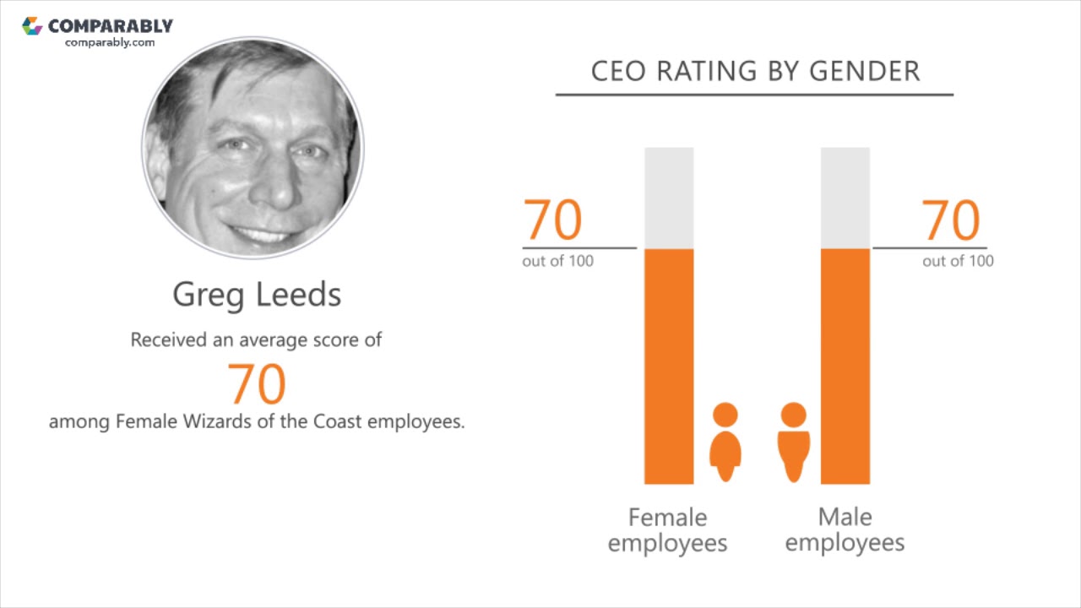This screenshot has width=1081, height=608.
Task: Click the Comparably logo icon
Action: [32, 26]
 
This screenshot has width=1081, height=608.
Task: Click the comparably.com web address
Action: [110, 42]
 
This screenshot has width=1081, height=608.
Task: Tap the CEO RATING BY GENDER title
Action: [755, 71]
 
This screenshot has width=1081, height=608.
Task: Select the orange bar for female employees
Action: [669, 366]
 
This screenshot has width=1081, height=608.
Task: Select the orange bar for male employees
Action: [845, 366]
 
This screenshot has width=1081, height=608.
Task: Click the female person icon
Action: [725, 442]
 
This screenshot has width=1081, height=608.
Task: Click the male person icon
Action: [793, 442]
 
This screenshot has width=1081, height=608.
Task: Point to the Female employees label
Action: [667, 529]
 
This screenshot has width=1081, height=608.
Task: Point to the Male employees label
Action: [845, 529]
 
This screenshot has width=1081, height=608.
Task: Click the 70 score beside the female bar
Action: [553, 220]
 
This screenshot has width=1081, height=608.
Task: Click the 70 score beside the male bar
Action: [951, 220]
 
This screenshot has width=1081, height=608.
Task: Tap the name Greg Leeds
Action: [257, 295]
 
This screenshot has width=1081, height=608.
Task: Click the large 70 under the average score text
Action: [257, 383]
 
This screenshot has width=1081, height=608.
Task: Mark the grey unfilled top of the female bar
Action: [669, 198]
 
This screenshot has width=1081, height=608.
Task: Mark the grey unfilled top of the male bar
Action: [845, 198]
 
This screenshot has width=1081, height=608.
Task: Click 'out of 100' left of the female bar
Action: [557, 261]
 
